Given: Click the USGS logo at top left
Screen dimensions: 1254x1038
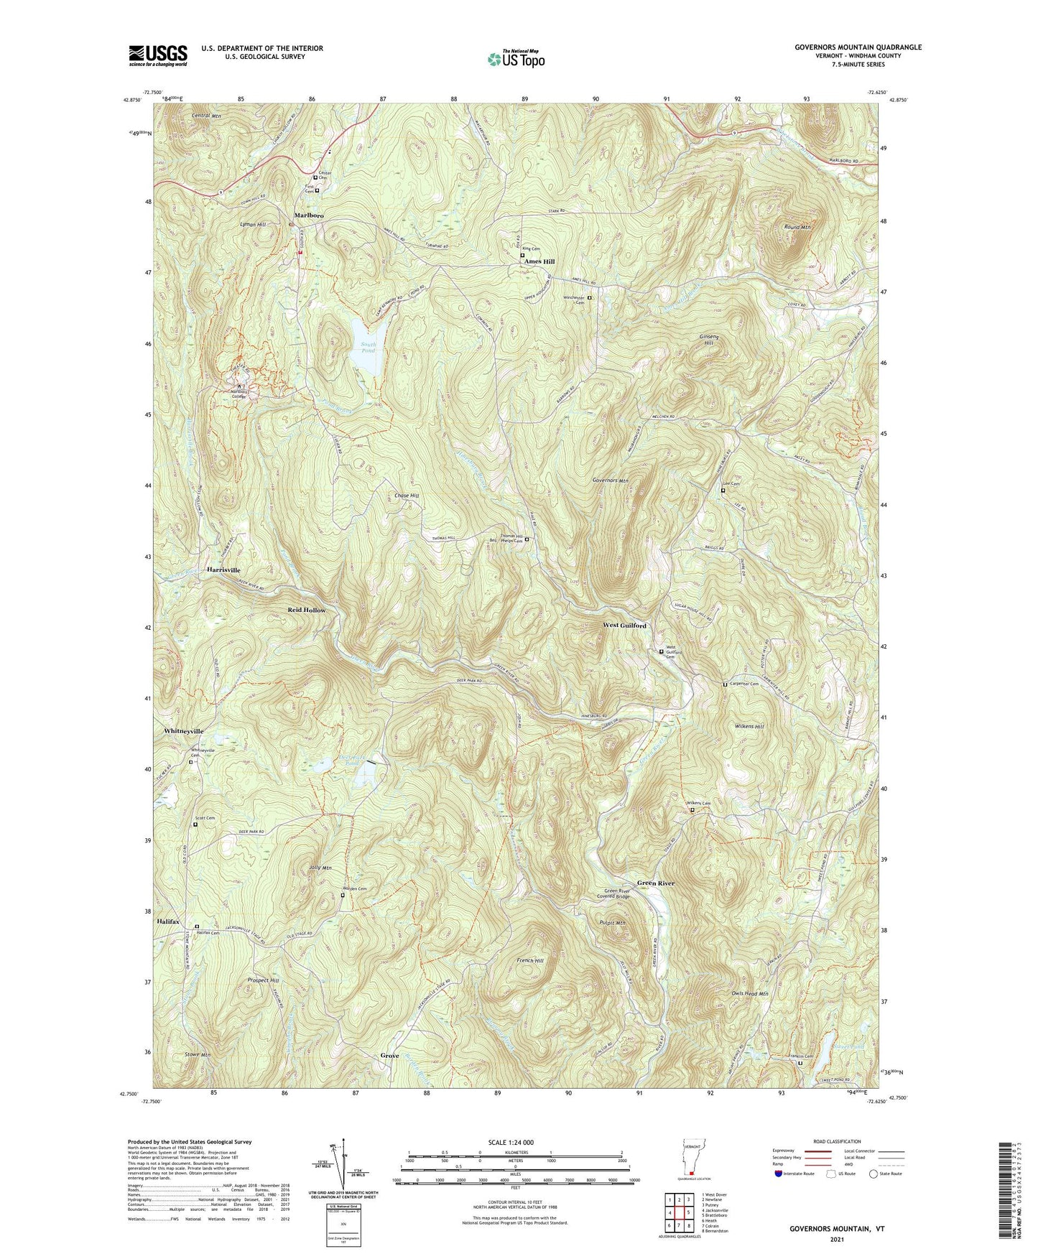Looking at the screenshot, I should click(x=158, y=55).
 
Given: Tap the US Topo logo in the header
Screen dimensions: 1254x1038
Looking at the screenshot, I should click(x=515, y=59).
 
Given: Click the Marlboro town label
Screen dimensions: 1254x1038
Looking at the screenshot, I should click(x=307, y=215).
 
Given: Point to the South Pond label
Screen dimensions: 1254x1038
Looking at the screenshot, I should click(x=368, y=348).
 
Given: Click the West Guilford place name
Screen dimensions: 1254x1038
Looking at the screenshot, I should click(x=624, y=626).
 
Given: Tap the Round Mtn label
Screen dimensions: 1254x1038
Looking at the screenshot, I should click(x=796, y=227).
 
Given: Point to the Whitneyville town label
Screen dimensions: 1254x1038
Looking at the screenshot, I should click(x=184, y=731).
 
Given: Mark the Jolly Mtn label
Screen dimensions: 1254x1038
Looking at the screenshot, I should click(x=320, y=868).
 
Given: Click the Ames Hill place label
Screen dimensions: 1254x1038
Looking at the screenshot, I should click(x=539, y=261).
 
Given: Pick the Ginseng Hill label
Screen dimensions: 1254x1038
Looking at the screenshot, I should click(x=708, y=340).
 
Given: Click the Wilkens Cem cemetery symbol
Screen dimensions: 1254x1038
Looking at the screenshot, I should click(x=692, y=811).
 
